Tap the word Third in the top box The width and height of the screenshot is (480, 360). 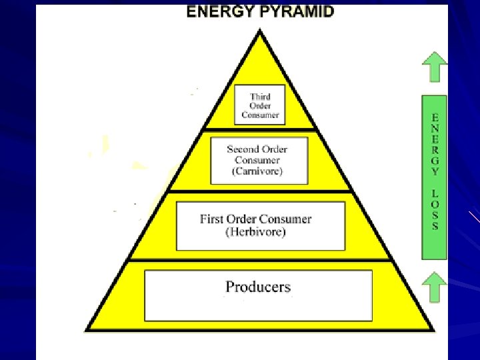coord(260,97)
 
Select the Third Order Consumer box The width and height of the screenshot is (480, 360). coord(260,104)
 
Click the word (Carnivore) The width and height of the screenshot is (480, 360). coord(257,171)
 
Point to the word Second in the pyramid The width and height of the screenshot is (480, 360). coord(243,149)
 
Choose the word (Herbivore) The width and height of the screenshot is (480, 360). coord(255,232)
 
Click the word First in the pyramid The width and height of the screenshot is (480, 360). coord(213,219)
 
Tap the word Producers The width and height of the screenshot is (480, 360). coord(258,287)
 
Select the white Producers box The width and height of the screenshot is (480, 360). coord(259,295)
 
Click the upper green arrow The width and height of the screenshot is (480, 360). coord(435,67)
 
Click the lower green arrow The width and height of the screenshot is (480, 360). coord(435,287)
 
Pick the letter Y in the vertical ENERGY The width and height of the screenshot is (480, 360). coord(435,171)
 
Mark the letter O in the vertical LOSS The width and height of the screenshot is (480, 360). coord(435,203)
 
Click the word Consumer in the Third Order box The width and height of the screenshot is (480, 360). coord(260,115)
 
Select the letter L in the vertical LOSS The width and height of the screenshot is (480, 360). coord(435,193)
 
